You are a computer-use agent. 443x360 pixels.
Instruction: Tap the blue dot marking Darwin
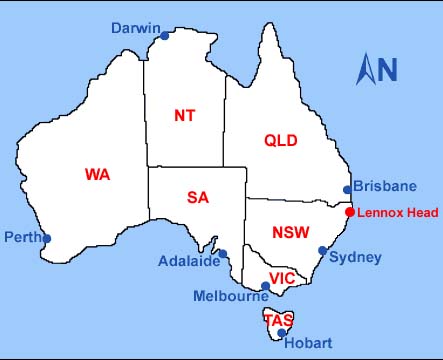click(x=165, y=36)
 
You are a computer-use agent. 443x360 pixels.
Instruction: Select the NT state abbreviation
click(x=185, y=115)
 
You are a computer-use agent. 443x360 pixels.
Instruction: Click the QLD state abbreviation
click(x=281, y=141)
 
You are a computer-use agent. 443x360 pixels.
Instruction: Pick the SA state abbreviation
click(x=198, y=197)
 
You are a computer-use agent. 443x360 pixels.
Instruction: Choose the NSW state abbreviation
click(x=290, y=233)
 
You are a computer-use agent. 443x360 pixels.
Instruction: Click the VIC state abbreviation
click(x=282, y=278)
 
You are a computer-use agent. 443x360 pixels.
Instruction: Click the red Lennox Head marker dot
click(x=349, y=212)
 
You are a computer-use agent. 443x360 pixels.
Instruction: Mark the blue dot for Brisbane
click(x=346, y=189)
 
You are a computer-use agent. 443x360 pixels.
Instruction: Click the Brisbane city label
click(x=385, y=186)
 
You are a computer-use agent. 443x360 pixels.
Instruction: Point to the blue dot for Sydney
click(x=322, y=251)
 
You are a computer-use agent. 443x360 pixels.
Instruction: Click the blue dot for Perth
click(x=47, y=238)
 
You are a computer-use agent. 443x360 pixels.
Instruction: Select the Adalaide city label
click(x=189, y=262)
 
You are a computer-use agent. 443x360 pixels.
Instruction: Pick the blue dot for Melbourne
click(x=264, y=286)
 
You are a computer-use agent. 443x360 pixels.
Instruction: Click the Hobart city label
click(x=308, y=343)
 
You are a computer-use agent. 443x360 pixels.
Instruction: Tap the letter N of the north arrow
click(x=387, y=69)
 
